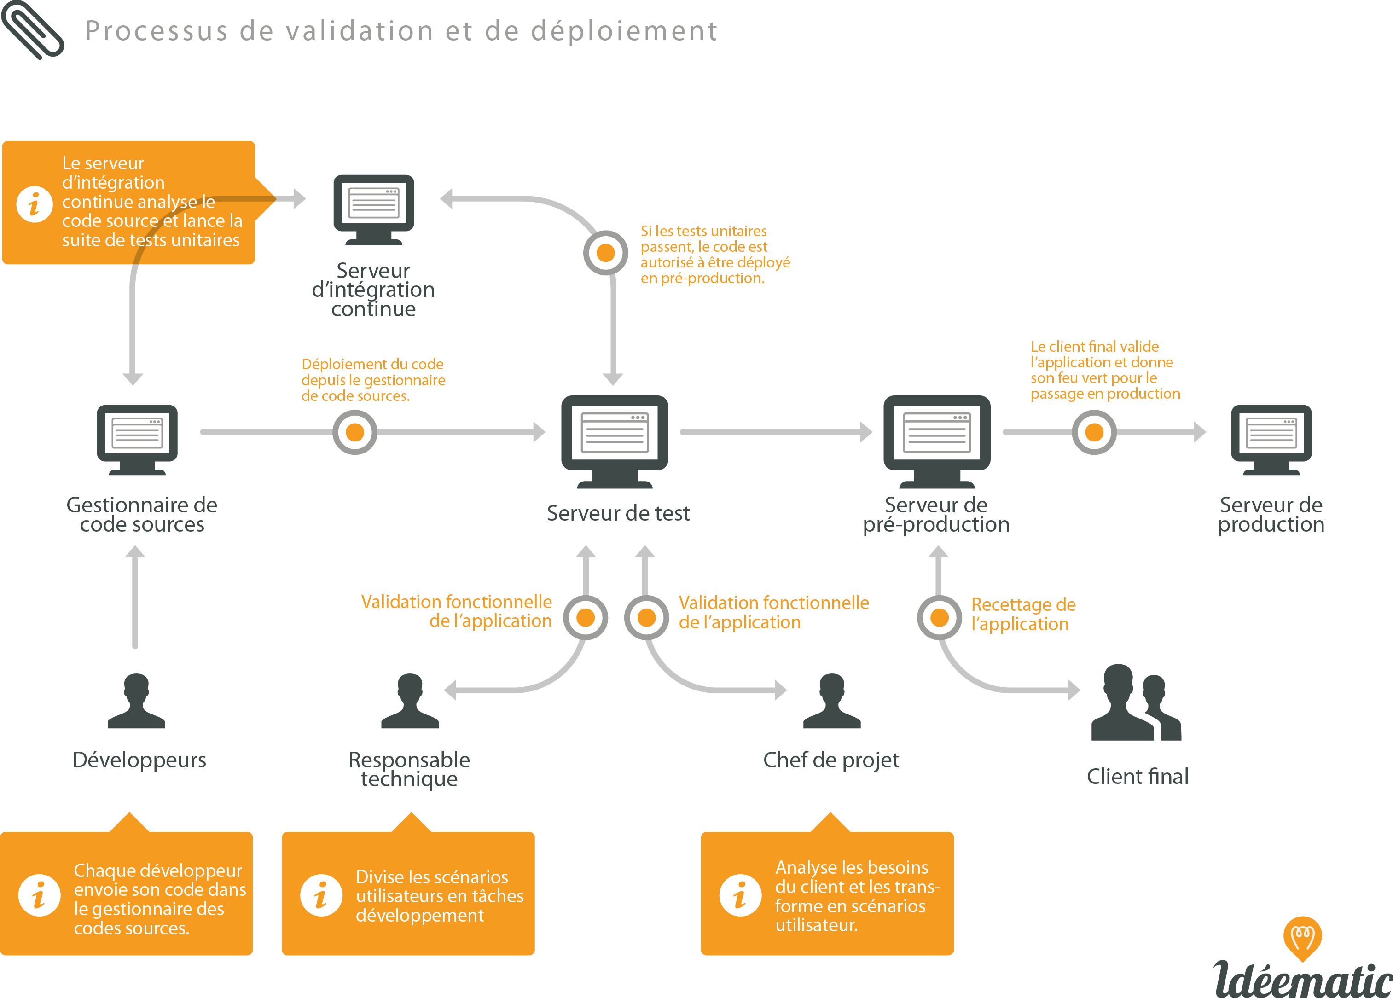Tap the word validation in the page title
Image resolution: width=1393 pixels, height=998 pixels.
pyautogui.click(x=360, y=31)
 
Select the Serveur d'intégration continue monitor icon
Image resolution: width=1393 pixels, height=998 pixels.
pyautogui.click(x=373, y=209)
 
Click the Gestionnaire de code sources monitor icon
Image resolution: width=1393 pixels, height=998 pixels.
pyautogui.click(x=137, y=439)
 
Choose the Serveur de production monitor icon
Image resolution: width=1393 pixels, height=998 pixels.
pyautogui.click(x=1271, y=439)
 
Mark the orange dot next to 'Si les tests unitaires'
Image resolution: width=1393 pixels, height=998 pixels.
pyautogui.click(x=606, y=252)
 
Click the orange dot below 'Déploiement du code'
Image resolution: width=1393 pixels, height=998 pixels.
pyautogui.click(x=355, y=432)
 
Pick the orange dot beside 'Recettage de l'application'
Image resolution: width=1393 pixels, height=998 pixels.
pyautogui.click(x=939, y=617)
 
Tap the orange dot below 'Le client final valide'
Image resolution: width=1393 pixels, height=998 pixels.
pyautogui.click(x=1094, y=432)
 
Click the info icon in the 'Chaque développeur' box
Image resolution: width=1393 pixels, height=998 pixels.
pyautogui.click(x=39, y=895)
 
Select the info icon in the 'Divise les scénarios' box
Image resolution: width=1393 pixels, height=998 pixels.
pyautogui.click(x=320, y=895)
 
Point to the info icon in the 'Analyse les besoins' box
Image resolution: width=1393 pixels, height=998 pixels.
pyautogui.click(x=740, y=895)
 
